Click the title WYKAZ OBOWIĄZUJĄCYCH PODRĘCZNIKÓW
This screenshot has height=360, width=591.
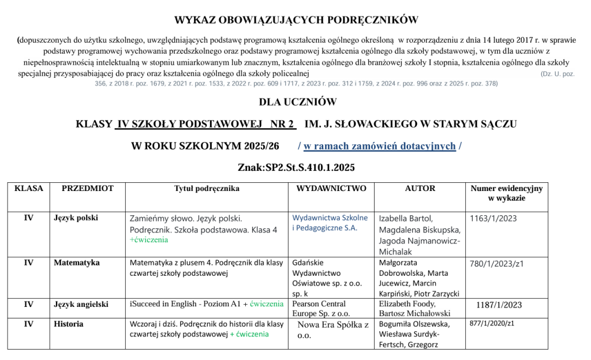pyautogui.click(x=295, y=20)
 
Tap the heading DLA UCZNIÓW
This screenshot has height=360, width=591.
pyautogui.click(x=297, y=102)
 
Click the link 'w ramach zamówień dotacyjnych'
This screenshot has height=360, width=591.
pyautogui.click(x=380, y=146)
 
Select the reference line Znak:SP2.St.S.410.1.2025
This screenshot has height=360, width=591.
pyautogui.click(x=296, y=168)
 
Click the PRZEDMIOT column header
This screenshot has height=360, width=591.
pyautogui.click(x=87, y=189)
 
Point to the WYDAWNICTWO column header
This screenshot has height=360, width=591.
pyautogui.click(x=331, y=189)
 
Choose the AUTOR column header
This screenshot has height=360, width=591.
pyautogui.click(x=420, y=189)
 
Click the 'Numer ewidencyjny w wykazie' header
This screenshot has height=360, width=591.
pyautogui.click(x=506, y=193)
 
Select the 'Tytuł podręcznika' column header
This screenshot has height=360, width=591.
pyautogui.click(x=207, y=189)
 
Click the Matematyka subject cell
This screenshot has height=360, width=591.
pyautogui.click(x=77, y=263)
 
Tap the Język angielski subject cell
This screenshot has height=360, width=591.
pyautogui.click(x=81, y=304)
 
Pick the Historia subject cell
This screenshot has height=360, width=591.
pyautogui.click(x=69, y=324)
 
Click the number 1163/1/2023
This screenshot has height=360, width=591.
pyautogui.click(x=493, y=219)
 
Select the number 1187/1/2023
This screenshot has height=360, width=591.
pyautogui.click(x=499, y=305)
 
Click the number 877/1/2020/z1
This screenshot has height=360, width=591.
pyautogui.click(x=492, y=324)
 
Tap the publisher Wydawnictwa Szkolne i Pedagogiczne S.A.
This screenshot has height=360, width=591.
pyautogui.click(x=330, y=223)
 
